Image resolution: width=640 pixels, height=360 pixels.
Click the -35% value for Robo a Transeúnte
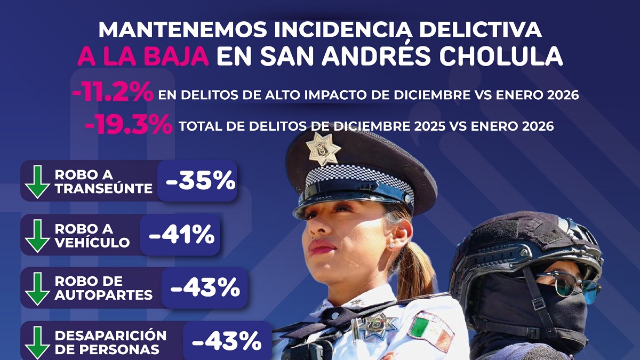201,181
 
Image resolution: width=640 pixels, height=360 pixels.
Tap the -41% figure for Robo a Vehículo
182,234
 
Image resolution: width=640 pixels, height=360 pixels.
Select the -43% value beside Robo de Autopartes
205,287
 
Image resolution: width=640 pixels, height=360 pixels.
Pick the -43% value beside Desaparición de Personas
227,341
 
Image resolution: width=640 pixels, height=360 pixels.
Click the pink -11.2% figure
113,91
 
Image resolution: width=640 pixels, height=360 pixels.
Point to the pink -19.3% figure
129,124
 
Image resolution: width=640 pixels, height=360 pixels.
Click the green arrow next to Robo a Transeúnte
37,182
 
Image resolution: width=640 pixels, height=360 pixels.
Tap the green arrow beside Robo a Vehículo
37,236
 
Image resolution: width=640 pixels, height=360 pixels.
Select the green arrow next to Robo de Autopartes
37,289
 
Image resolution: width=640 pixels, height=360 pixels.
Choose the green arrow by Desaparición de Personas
37,343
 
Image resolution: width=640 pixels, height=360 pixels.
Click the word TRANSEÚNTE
103,188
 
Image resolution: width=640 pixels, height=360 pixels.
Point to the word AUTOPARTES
103,295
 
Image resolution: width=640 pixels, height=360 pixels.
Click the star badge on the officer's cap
323,149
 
